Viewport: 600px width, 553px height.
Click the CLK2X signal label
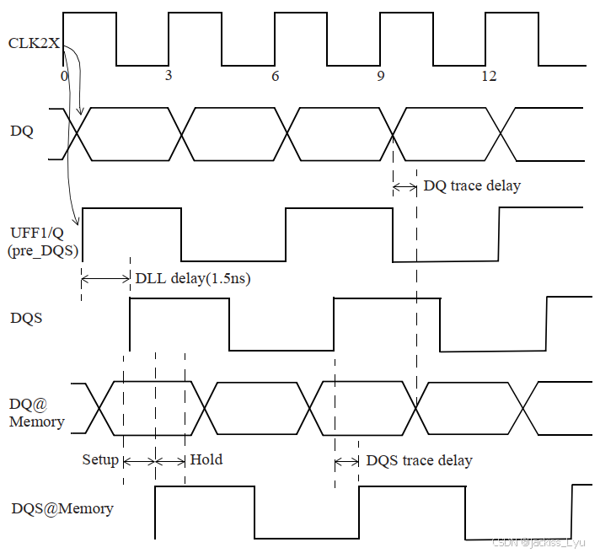[34, 43]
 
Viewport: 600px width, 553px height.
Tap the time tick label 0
[64, 76]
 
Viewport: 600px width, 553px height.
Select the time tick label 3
[169, 76]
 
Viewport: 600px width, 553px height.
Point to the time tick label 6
[275, 76]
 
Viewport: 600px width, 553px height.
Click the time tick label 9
[381, 76]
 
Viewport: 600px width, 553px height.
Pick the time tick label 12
[488, 76]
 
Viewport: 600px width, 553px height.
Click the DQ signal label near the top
[21, 132]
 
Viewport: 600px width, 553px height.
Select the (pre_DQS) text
[41, 251]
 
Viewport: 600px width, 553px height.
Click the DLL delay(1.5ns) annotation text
[193, 278]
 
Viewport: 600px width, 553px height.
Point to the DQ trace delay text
[472, 185]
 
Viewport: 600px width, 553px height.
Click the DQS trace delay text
[419, 460]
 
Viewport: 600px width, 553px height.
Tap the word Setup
[100, 459]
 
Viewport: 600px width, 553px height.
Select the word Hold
[206, 459]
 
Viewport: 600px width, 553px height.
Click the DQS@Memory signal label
[62, 508]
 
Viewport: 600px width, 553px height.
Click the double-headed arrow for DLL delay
[106, 277]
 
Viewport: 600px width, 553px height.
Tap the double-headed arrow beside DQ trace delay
[405, 186]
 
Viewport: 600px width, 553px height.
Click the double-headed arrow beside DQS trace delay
[346, 461]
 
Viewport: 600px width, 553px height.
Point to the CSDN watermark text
[544, 542]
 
